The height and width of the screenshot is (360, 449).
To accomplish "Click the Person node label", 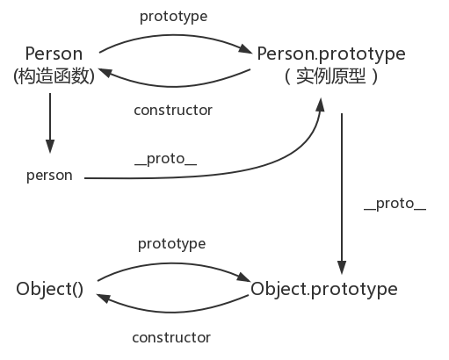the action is (54, 54).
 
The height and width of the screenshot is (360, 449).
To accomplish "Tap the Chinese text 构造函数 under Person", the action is (54, 76).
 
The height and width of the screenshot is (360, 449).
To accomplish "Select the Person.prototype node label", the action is (331, 54).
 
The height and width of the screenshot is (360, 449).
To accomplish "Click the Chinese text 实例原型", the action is (331, 76).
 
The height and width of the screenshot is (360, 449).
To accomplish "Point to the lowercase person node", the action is (49, 176).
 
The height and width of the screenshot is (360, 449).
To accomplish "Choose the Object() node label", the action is (49, 289).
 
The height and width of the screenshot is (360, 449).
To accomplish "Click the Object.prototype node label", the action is (324, 289).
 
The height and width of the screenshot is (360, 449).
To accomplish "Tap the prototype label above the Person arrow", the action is (173, 17).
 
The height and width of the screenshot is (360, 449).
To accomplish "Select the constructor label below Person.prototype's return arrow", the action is (173, 111).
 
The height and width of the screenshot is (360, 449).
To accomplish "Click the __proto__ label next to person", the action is (166, 159).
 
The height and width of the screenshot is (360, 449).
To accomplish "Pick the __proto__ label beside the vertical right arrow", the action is (395, 204).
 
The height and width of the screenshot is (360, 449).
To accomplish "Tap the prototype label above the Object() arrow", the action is (172, 244).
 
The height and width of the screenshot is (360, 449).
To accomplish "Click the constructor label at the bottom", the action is (171, 338).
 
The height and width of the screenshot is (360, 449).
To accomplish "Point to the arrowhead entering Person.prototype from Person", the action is (246, 49).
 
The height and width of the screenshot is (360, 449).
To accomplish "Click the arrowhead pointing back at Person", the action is (105, 72).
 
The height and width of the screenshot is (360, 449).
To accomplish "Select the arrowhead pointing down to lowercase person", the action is (50, 147).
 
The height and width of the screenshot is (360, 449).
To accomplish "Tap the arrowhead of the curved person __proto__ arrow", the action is (321, 104).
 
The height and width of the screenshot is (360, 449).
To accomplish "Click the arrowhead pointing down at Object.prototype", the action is (342, 268).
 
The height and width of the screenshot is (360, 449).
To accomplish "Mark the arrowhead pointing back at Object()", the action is (103, 298).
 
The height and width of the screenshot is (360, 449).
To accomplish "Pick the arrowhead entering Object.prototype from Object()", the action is (244, 277).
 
